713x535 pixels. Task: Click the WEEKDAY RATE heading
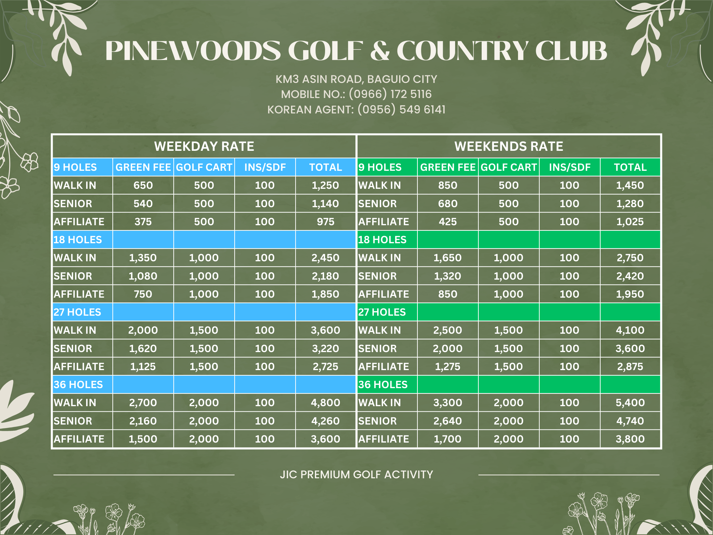click(204, 146)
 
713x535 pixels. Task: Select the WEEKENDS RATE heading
click(509, 146)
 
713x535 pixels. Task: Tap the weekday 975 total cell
click(325, 222)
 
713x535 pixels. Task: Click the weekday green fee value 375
click(143, 222)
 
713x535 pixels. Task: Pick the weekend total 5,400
click(630, 403)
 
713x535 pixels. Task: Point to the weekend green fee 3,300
click(448, 403)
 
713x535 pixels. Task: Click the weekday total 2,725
click(325, 367)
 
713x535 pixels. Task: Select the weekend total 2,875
click(630, 367)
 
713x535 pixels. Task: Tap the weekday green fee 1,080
click(143, 276)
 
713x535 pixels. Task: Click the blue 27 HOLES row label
click(77, 312)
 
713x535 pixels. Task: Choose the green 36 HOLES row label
click(383, 385)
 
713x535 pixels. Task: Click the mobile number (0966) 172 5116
click(390, 94)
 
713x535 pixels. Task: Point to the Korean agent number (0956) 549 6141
click(401, 109)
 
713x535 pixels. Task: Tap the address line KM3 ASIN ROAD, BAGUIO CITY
click(356, 79)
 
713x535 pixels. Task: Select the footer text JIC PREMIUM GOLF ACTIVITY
click(356, 474)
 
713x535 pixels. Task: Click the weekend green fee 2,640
click(448, 421)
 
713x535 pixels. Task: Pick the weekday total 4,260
click(325, 421)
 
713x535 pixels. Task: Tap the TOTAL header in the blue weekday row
click(325, 167)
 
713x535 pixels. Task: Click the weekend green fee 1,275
click(448, 367)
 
